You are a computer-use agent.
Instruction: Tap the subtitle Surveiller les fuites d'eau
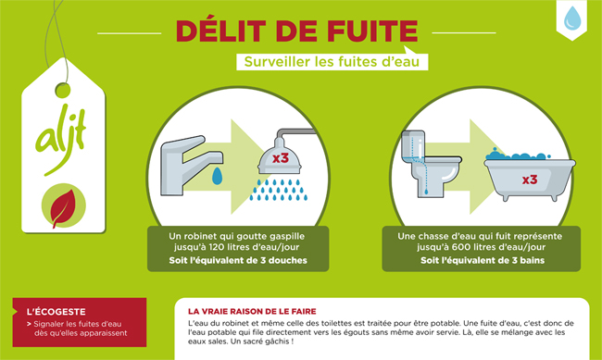(332, 62)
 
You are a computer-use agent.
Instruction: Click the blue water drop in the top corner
(572, 18)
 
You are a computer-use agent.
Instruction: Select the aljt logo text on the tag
(61, 136)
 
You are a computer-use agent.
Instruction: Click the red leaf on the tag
(63, 207)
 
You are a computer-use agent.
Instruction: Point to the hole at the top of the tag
(63, 90)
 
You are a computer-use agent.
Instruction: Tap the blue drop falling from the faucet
(218, 176)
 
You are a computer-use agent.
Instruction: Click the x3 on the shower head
(281, 157)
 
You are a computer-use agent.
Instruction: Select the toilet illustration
(431, 164)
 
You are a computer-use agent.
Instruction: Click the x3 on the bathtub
(530, 180)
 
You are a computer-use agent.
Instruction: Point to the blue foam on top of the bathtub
(517, 155)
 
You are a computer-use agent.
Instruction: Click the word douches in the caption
(288, 261)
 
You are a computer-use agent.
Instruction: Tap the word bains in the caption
(533, 261)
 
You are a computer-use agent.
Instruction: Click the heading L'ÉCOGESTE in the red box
(56, 312)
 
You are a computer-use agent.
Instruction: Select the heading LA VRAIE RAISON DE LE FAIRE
(252, 311)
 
